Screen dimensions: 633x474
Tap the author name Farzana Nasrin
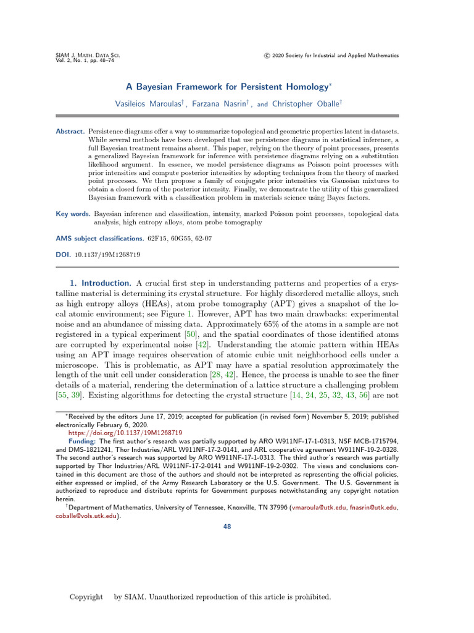pos(218,104)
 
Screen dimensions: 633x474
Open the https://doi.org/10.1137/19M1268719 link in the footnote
pos(125,433)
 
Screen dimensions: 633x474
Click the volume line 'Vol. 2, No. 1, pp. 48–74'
pos(88,61)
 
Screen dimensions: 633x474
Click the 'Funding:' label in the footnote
pos(82,441)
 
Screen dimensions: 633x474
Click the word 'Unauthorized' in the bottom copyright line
pos(168,597)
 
